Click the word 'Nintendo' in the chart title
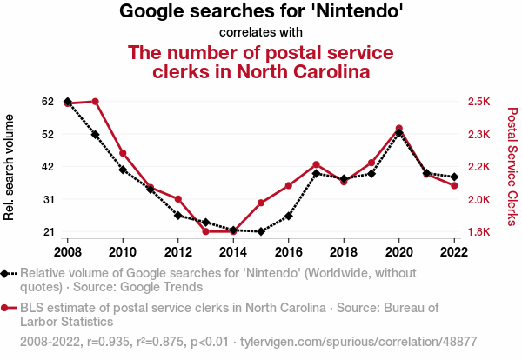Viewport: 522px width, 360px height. [x=356, y=12]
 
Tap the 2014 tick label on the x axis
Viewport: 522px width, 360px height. [x=233, y=252]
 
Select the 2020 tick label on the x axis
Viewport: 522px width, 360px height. [x=398, y=252]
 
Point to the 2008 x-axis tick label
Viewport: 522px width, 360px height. [x=68, y=252]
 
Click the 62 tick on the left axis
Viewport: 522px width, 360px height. [x=47, y=102]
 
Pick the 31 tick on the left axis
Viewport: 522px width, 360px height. [x=47, y=199]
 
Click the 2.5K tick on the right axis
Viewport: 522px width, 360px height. [x=479, y=102]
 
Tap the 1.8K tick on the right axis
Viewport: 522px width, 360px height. [x=479, y=232]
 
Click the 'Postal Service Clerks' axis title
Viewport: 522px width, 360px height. [x=512, y=167]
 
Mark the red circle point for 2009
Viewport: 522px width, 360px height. [x=95, y=102]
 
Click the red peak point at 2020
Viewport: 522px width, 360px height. [x=398, y=129]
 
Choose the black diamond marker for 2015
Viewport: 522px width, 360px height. [x=261, y=231]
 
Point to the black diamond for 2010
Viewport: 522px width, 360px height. [x=123, y=170]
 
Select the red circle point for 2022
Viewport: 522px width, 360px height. [x=454, y=185]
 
